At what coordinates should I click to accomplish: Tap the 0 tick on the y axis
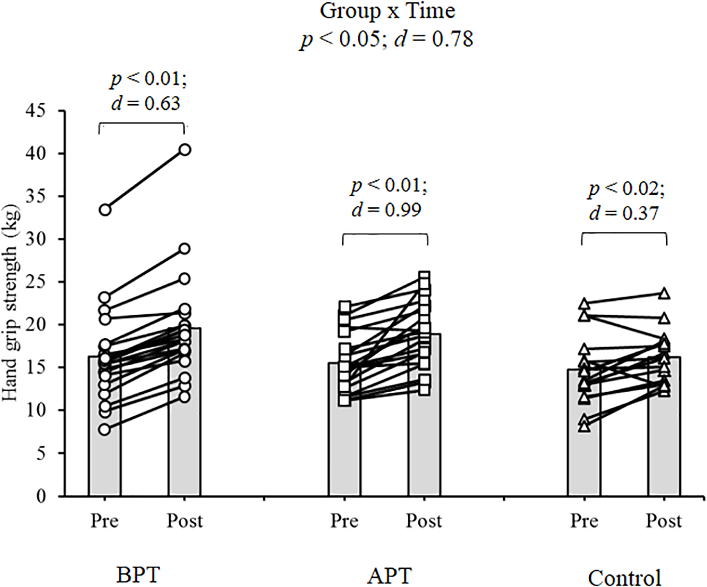point(41,496)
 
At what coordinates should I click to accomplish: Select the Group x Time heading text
point(387,12)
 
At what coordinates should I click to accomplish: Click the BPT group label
point(138,575)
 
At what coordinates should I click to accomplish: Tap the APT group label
point(390,576)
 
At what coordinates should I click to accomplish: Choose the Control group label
point(624,578)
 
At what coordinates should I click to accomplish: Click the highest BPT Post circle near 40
point(185,150)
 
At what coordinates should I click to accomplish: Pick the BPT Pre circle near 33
point(105,210)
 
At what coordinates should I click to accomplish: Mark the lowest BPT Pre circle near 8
point(105,429)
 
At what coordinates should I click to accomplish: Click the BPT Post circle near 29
point(185,249)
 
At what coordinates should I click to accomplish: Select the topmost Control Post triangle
point(664,294)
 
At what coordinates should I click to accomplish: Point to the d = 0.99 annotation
point(386,210)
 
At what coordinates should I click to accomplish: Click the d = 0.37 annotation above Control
point(623,213)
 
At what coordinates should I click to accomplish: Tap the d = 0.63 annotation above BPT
point(146,104)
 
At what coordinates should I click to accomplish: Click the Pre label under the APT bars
point(344,521)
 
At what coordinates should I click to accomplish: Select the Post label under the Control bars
point(664,521)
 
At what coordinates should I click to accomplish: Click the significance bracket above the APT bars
point(385,235)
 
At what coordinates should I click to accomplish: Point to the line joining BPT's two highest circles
point(145,180)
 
